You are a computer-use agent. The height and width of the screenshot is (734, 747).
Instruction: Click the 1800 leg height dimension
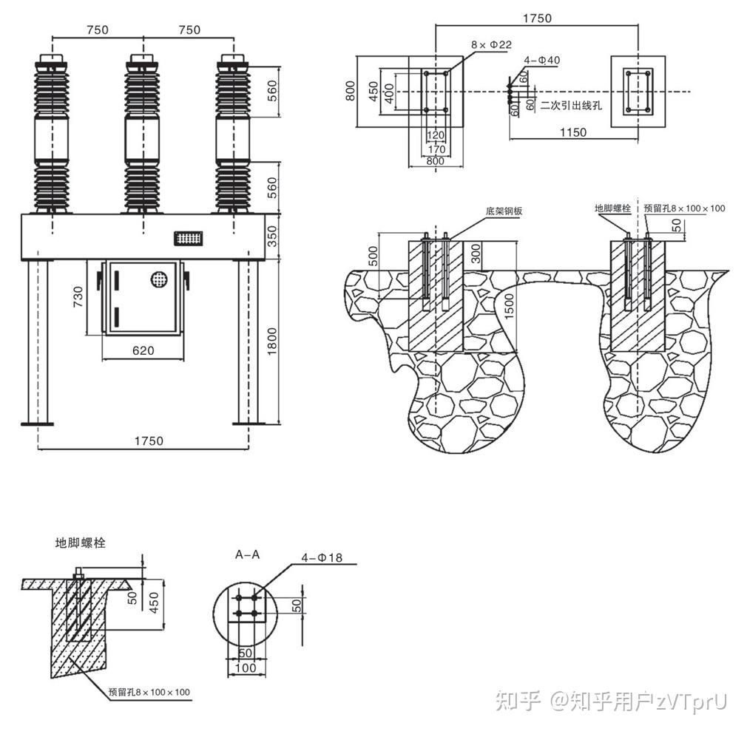coord(272,342)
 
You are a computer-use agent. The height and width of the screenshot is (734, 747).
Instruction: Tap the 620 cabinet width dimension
coord(143,350)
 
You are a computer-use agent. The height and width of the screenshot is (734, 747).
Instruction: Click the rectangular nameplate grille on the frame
coord(189,238)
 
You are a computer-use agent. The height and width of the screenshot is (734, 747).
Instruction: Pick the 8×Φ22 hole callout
coord(491,45)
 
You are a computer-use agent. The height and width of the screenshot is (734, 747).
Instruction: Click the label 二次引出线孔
coord(571,105)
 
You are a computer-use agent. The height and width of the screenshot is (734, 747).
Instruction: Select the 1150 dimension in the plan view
coord(572,132)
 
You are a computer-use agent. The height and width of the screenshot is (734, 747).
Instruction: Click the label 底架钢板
coord(504,211)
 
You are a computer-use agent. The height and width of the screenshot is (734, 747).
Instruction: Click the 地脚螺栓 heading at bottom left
coord(81,543)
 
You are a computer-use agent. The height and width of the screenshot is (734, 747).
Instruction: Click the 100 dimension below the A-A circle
coord(245,668)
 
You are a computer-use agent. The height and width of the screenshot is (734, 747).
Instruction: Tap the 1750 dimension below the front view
coord(148,441)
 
